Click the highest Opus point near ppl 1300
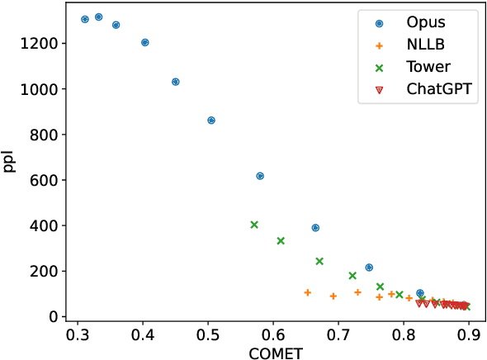point(98,17)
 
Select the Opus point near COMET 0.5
point(210,121)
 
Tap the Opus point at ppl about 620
point(260,176)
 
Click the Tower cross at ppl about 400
point(254,225)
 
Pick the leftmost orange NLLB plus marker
point(307,292)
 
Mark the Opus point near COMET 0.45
point(175,82)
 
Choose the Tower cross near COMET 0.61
point(281,240)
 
